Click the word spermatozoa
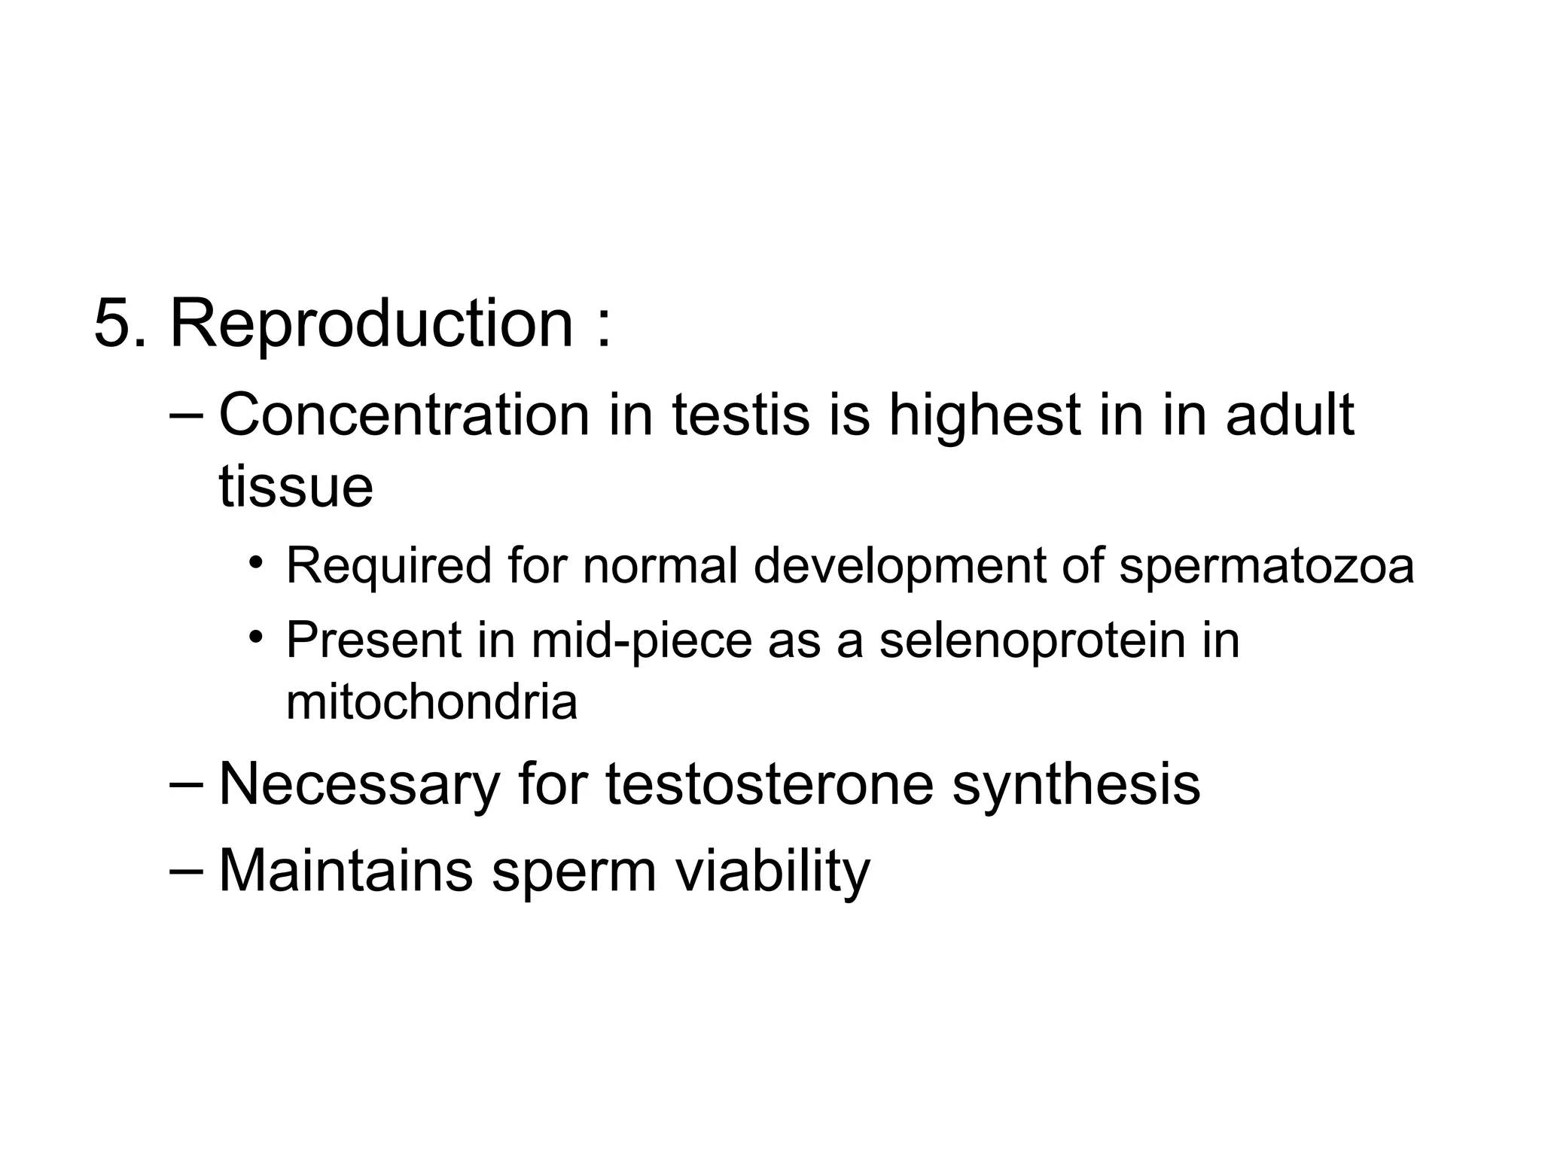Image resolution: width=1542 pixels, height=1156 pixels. pyautogui.click(x=1266, y=566)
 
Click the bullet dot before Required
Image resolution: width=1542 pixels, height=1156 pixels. pyautogui.click(x=257, y=564)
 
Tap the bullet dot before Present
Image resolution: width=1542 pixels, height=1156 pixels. pyautogui.click(x=257, y=638)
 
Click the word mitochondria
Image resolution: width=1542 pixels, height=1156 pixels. pyautogui.click(x=431, y=702)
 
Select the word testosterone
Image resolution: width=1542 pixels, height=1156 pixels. pyautogui.click(x=769, y=784)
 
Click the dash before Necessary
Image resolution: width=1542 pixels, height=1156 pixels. pyautogui.click(x=187, y=783)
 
